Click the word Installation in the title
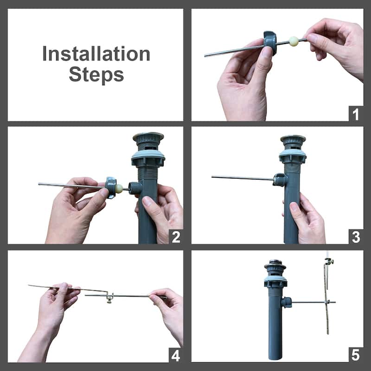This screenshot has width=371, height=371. click(96, 54)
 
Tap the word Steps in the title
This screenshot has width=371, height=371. click(96, 75)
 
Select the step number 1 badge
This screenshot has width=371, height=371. click(356, 114)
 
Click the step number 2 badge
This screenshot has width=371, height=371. click(176, 237)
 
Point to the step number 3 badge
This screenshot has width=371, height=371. click(356, 237)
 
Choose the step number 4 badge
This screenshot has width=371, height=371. click(176, 355)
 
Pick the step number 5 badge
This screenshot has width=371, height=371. click(356, 355)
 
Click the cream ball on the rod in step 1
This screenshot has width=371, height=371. click(294, 41)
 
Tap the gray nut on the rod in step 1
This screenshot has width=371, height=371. click(270, 43)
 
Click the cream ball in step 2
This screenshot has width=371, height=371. click(119, 189)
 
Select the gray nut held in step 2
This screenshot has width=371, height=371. click(110, 187)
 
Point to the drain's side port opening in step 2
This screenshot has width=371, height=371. click(134, 188)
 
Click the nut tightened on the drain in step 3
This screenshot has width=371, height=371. click(280, 179)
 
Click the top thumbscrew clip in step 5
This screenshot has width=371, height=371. click(329, 262)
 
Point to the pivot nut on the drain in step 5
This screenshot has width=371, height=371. click(286, 302)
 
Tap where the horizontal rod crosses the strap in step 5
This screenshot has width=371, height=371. click(327, 302)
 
